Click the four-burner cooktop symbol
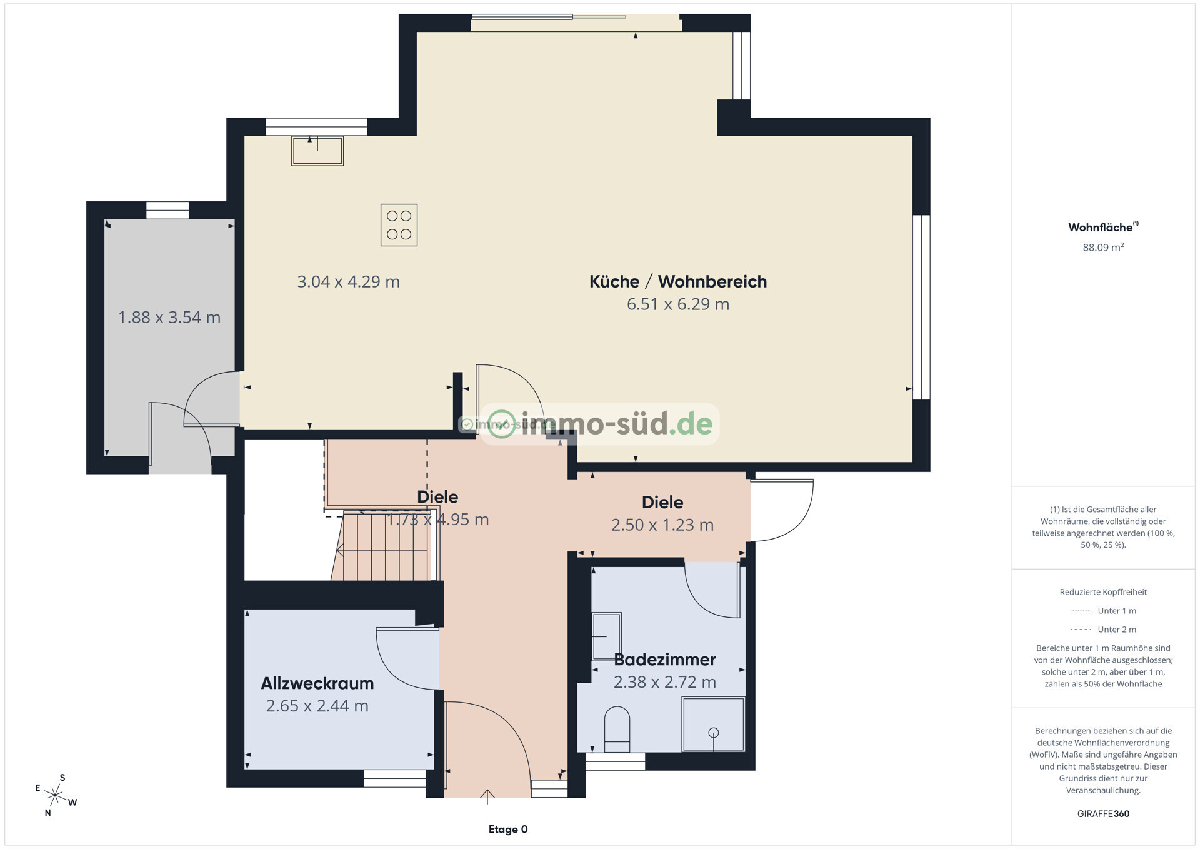pos(399,225)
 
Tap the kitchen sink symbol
pos(317,151)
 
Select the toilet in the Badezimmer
pos(617,729)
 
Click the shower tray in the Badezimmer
pos(713,724)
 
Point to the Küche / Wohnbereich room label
pos(678,281)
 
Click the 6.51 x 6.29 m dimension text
pos(678,304)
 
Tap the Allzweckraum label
pos(317,683)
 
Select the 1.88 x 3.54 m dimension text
pos(169,318)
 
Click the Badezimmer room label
pos(665,660)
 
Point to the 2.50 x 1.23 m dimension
pos(662,525)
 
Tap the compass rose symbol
pos(56,795)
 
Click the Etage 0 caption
pos(508,830)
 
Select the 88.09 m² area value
pos(1103,248)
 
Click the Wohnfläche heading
pos(1103,227)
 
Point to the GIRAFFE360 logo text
pos(1103,814)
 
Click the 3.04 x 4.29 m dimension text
pos(348,282)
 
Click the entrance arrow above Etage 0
pos(487,796)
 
